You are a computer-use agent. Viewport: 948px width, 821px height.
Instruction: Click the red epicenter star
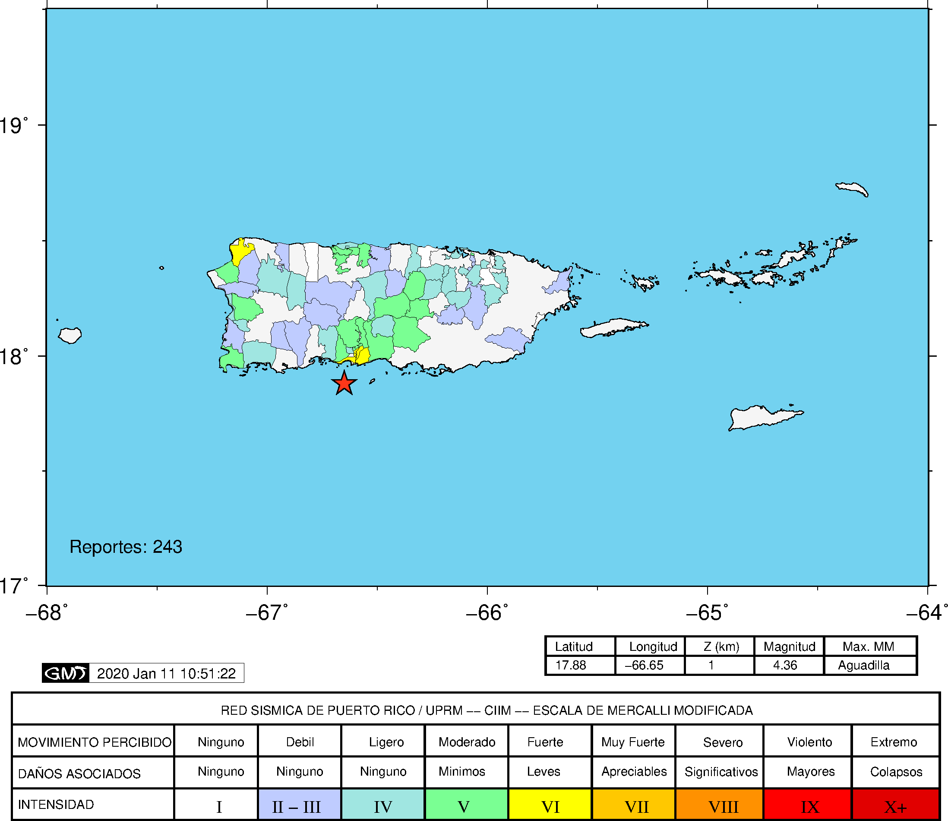point(344,383)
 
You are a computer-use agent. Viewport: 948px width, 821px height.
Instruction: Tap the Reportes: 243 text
point(126,547)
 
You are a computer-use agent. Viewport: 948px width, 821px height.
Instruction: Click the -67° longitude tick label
point(267,612)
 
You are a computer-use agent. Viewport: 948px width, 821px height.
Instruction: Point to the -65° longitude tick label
point(707,612)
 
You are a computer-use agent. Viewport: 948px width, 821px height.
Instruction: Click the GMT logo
point(66,673)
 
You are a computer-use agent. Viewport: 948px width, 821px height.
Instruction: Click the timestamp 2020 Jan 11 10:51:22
point(166,673)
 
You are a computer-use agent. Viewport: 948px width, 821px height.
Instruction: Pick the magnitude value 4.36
point(785,665)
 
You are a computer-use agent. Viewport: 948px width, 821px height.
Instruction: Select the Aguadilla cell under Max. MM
point(864,665)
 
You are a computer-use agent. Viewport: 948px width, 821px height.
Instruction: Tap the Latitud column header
point(574,647)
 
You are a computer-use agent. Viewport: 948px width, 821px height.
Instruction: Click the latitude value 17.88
point(571,665)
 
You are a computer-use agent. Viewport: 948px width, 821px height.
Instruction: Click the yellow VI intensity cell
point(550,806)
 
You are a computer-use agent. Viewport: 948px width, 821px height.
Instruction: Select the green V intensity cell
point(464,806)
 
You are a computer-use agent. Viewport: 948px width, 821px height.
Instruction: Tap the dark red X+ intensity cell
point(895,806)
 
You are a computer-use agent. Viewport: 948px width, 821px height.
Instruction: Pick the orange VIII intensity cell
point(723,806)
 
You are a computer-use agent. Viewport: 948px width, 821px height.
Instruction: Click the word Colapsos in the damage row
point(896,772)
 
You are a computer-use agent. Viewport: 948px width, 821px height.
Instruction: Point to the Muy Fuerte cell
point(633,742)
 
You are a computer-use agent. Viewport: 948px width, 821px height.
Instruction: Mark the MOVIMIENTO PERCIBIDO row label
point(95,742)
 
